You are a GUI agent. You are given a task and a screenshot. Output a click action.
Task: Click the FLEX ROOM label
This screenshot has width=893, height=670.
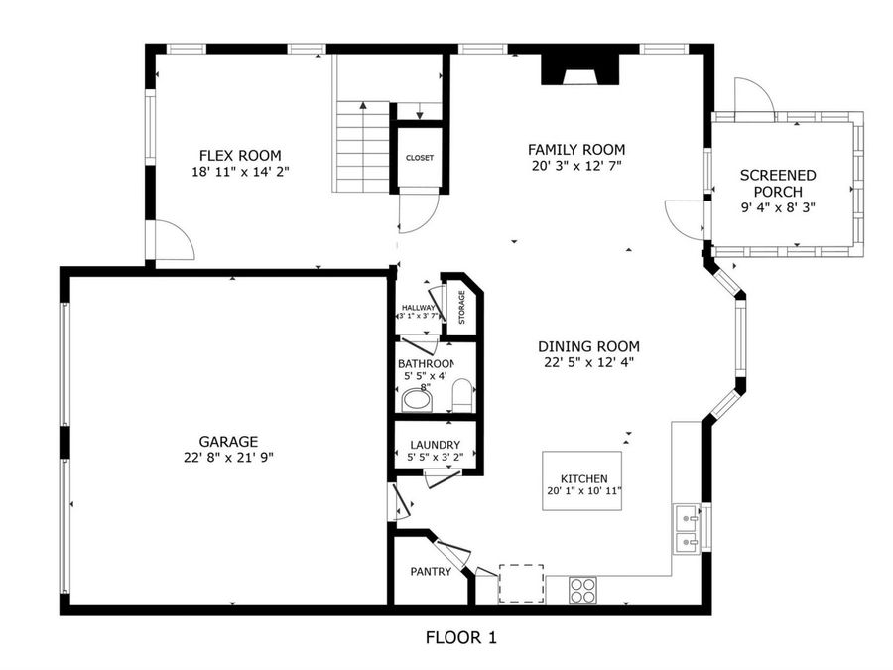click(240, 155)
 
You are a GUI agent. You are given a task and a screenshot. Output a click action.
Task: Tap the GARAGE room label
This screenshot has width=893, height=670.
click(228, 441)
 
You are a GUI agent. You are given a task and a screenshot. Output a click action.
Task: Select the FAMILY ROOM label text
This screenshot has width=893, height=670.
click(576, 149)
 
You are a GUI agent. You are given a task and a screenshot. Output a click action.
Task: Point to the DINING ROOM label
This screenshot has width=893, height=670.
click(588, 346)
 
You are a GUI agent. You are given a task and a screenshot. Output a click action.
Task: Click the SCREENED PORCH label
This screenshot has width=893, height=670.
click(778, 183)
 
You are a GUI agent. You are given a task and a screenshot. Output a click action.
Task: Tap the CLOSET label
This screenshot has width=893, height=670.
click(420, 158)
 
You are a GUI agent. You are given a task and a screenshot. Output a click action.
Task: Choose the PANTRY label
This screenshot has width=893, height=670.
click(431, 571)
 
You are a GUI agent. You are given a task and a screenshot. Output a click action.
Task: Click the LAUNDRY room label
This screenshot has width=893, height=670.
click(436, 445)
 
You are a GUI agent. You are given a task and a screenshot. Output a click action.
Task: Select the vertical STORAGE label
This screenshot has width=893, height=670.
click(461, 307)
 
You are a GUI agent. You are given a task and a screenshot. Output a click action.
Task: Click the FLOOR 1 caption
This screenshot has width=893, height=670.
click(461, 637)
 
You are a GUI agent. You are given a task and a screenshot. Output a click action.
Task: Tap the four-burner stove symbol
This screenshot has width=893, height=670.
click(582, 591)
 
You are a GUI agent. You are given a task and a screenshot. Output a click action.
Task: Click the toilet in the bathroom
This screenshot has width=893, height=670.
click(462, 395)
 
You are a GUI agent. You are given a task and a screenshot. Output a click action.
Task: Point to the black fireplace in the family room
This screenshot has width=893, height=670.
click(579, 70)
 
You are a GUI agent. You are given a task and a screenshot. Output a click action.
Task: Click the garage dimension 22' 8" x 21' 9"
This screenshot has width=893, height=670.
click(228, 457)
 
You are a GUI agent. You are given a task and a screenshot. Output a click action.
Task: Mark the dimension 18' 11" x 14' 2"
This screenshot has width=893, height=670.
click(240, 171)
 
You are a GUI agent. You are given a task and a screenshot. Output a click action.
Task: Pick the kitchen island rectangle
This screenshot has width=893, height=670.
click(581, 480)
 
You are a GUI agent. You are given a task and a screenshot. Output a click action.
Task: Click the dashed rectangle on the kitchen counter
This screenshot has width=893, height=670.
click(521, 584)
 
